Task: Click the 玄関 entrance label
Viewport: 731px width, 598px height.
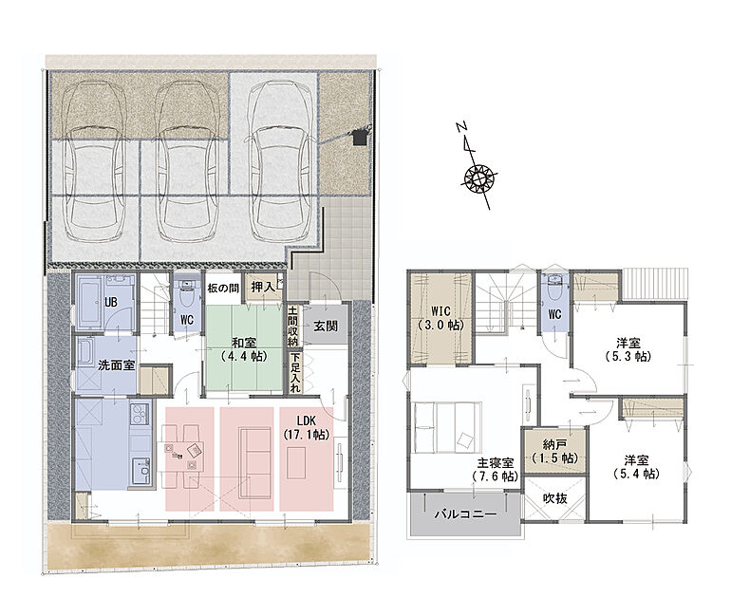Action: click(325, 326)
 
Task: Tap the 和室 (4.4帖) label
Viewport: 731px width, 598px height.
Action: click(244, 349)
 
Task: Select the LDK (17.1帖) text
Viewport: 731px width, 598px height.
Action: click(307, 427)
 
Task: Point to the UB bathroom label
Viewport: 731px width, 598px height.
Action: click(110, 303)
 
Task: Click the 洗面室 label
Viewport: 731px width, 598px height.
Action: click(117, 364)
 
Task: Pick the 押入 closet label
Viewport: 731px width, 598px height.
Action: click(263, 288)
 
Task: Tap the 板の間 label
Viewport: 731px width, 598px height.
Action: click(223, 289)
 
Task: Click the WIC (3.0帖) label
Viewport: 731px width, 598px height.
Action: click(440, 318)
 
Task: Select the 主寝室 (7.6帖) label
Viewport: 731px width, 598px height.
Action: click(496, 469)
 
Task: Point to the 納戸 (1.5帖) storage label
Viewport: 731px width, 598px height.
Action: click(554, 451)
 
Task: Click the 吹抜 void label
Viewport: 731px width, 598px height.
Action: click(555, 498)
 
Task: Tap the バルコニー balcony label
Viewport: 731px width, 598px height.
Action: click(466, 514)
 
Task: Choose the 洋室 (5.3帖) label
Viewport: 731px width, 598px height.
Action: click(628, 349)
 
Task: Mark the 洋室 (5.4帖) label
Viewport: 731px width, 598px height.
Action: click(636, 467)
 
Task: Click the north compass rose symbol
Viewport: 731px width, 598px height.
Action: click(478, 178)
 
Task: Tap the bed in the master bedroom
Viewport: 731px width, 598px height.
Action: click(446, 427)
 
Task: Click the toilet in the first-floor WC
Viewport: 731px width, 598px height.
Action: click(186, 293)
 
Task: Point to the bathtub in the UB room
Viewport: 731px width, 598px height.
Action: click(89, 302)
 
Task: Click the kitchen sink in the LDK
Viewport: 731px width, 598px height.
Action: click(141, 471)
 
